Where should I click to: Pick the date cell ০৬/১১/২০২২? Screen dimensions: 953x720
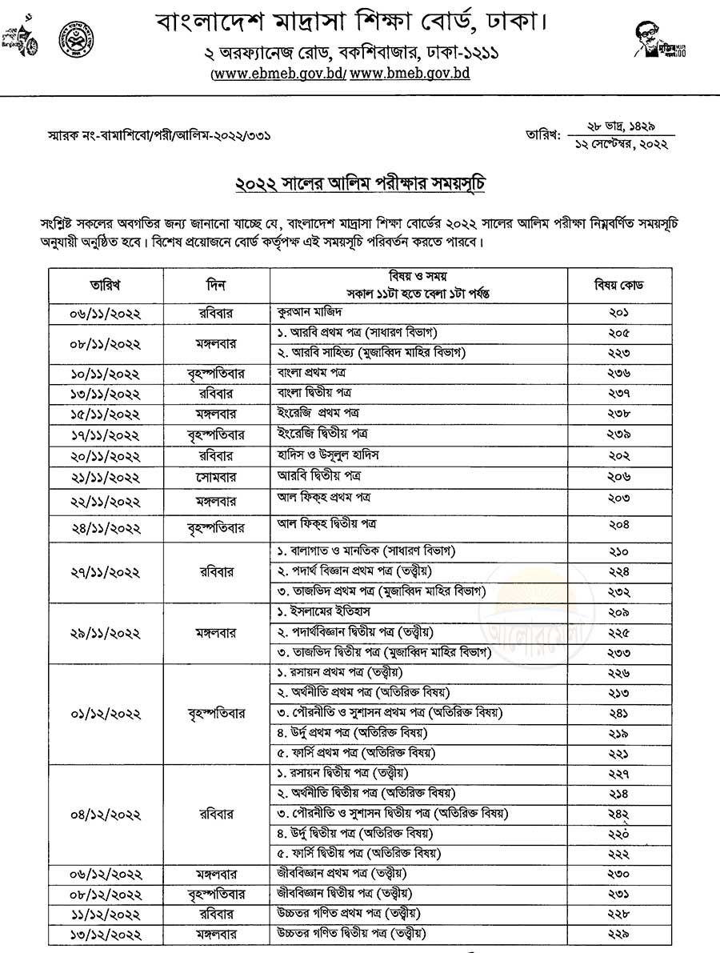click(106, 313)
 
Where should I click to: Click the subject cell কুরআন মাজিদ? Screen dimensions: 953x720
click(310, 312)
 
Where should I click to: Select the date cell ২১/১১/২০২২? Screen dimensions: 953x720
click(106, 477)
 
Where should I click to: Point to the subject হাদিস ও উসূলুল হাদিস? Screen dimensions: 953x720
click(328, 454)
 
